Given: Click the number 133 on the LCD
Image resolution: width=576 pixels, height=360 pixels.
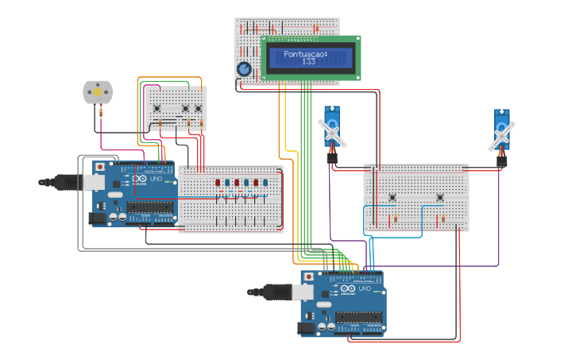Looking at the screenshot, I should (x=309, y=61).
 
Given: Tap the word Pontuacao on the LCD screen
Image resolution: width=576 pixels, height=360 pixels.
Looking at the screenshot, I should (x=305, y=54).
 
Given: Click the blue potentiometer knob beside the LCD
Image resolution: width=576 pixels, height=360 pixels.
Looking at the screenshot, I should (x=244, y=70).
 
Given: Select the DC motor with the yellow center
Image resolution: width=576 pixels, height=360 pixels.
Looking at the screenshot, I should (x=98, y=92).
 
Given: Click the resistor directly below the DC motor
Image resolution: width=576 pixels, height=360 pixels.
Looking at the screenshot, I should (x=102, y=113).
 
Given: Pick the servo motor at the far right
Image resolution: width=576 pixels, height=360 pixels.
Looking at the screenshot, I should (x=501, y=131).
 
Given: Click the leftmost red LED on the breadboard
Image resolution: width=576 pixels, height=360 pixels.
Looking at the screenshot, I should (x=218, y=183).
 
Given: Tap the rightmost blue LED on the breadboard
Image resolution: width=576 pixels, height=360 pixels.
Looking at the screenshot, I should (x=265, y=183).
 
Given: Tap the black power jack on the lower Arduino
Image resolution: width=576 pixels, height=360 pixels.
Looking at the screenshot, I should (x=307, y=327).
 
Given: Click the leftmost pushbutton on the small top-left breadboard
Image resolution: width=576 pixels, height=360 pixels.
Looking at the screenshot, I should (x=157, y=109).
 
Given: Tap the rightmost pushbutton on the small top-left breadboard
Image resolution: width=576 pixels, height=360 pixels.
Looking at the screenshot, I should (x=199, y=109).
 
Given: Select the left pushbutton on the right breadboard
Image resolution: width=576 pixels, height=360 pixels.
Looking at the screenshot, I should (x=392, y=197).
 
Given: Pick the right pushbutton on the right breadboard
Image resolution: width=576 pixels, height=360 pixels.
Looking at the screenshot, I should (x=439, y=197).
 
